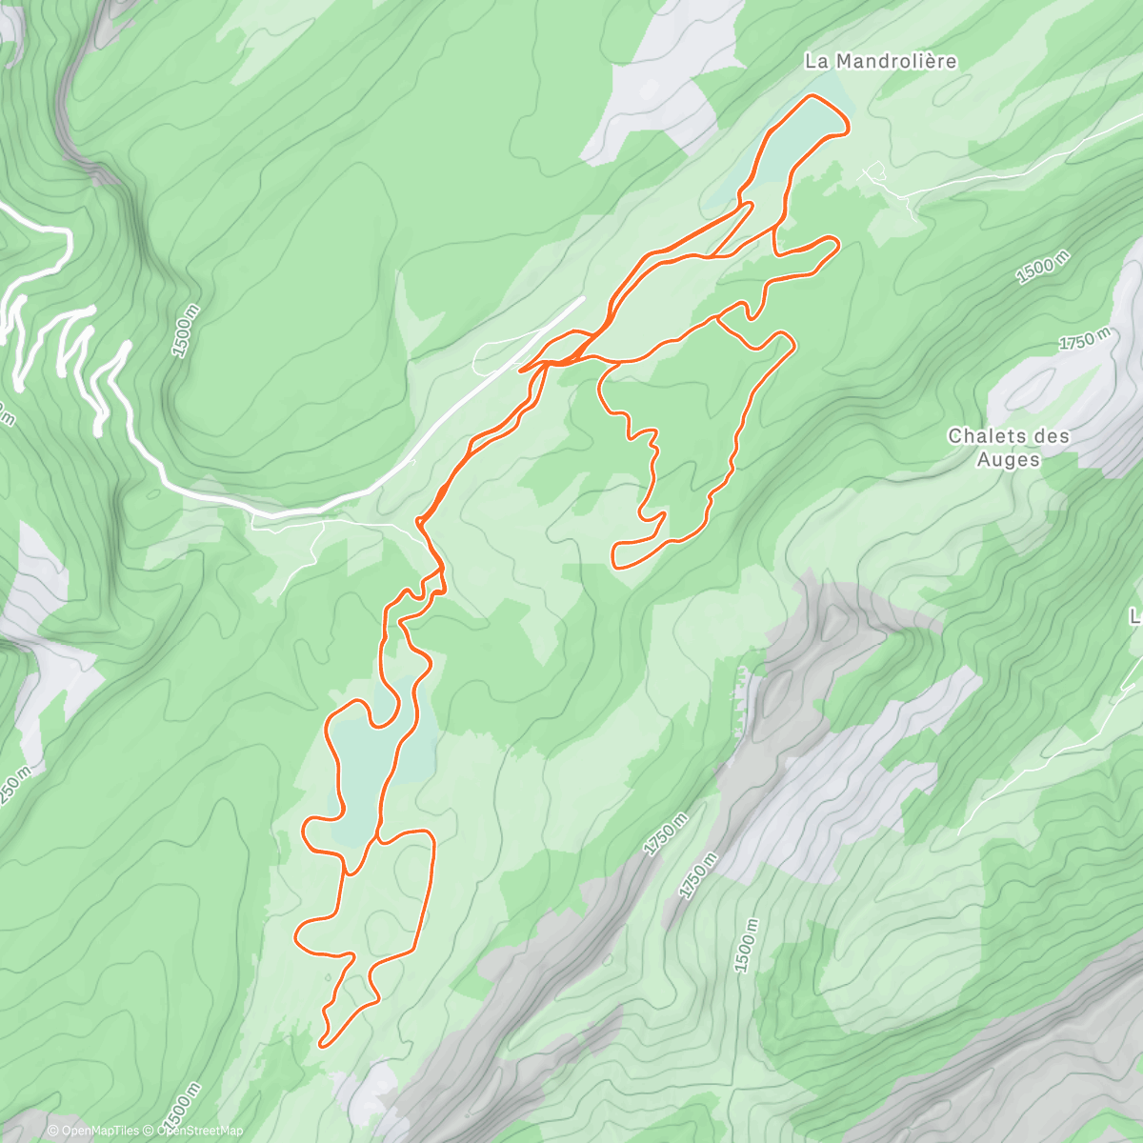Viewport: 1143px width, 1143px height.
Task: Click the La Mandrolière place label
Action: point(880,62)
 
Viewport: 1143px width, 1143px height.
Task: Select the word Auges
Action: point(1009,459)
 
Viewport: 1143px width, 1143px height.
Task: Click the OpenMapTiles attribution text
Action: point(92,1131)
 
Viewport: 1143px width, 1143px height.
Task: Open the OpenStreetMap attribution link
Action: point(199,1131)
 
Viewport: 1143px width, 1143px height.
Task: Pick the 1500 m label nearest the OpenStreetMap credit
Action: point(181,1103)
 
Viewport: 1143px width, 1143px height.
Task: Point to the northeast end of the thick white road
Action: point(583,298)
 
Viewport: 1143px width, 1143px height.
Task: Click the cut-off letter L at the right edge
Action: point(1135,617)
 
